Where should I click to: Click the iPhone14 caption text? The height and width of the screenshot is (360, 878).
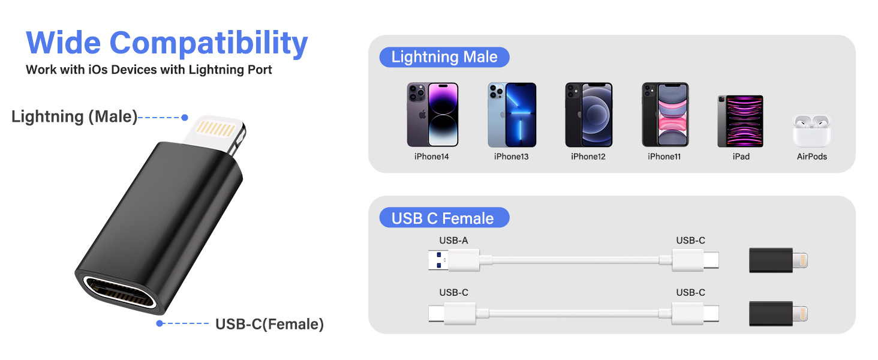pyautogui.click(x=431, y=157)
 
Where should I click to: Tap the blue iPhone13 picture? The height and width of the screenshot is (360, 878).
pyautogui.click(x=512, y=115)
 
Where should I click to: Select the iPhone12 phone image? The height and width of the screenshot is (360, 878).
pyautogui.click(x=588, y=115)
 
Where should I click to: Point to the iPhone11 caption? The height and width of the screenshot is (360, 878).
pyautogui.click(x=664, y=157)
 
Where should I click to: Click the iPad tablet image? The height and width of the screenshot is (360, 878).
pyautogui.click(x=740, y=121)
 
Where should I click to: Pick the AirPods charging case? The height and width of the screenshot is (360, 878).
pyautogui.click(x=811, y=131)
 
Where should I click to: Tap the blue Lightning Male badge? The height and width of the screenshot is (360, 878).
pyautogui.click(x=444, y=57)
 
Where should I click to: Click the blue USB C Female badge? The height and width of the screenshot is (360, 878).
pyautogui.click(x=443, y=218)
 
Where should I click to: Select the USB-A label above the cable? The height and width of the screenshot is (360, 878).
pyautogui.click(x=453, y=241)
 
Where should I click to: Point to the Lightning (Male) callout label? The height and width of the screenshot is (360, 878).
pyautogui.click(x=74, y=116)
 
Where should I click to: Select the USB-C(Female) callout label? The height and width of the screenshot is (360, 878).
pyautogui.click(x=269, y=325)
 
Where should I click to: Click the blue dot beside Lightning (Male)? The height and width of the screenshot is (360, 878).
pyautogui.click(x=185, y=118)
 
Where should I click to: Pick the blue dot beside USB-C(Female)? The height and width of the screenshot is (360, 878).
pyautogui.click(x=160, y=323)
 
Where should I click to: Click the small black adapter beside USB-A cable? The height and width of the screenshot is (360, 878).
pyautogui.click(x=778, y=260)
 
